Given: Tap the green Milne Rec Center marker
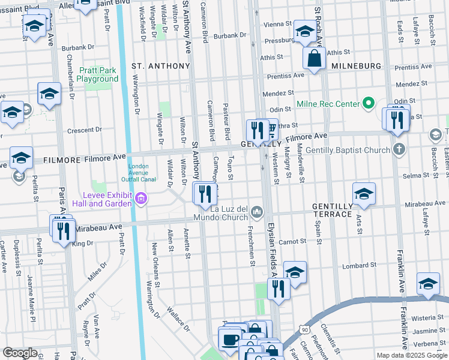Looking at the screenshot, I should tap(369, 104).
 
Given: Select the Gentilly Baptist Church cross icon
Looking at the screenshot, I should tap(399, 149).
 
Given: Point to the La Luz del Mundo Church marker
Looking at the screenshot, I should tap(257, 211).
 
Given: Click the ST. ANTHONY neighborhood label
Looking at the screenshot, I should tap(155, 65).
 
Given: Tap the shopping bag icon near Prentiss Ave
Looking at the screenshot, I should tap(314, 59).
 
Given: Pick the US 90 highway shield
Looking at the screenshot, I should tap(305, 329).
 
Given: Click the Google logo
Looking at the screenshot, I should tap(20, 353).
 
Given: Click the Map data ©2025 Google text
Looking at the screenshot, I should tap(411, 355).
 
